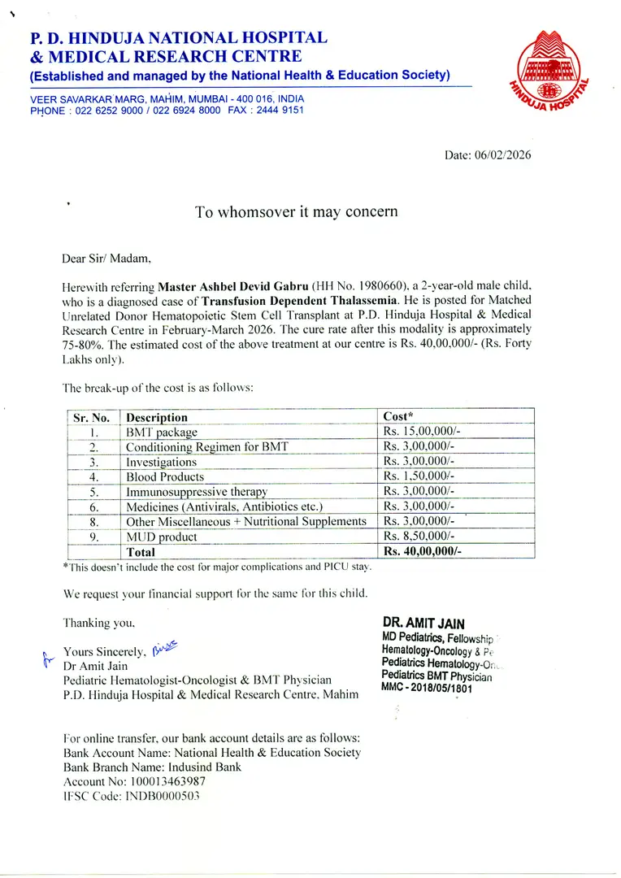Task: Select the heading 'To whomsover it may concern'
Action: (296, 212)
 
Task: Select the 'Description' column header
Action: (157, 418)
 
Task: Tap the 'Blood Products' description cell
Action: (165, 477)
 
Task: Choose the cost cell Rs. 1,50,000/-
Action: (419, 476)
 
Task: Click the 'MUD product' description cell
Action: (162, 537)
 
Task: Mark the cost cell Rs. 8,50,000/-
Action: (419, 537)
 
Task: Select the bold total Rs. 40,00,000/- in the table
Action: (422, 552)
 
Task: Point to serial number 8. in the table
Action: (94, 522)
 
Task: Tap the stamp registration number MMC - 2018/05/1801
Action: (427, 688)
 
